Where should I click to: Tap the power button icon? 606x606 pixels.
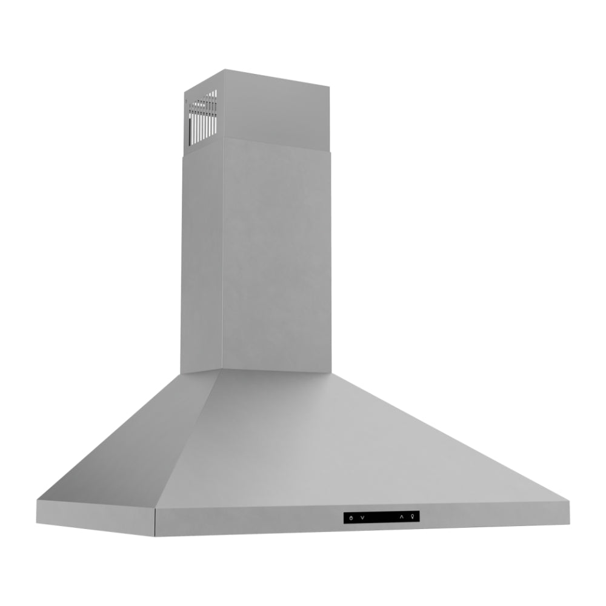(x=351, y=517)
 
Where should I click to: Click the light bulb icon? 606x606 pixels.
(x=413, y=516)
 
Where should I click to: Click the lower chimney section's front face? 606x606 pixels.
(x=276, y=255)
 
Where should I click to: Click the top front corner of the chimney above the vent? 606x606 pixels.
(x=224, y=70)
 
